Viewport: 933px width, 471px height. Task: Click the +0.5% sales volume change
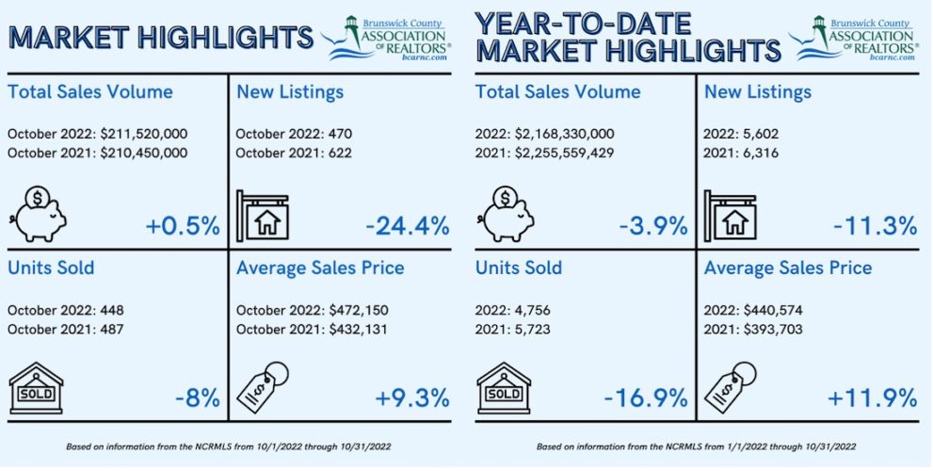(183, 226)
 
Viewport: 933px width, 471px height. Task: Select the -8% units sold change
(197, 397)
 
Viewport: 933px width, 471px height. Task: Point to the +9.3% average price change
(411, 397)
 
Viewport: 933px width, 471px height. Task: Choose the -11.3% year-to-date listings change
(875, 226)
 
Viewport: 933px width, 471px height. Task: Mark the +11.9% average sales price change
(872, 397)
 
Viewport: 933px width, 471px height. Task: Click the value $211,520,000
(141, 135)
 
